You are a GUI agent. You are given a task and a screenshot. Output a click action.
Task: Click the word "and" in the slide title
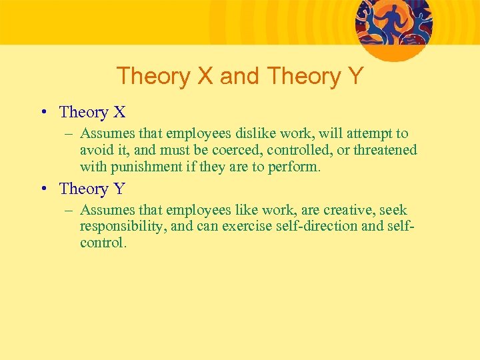[x=239, y=76]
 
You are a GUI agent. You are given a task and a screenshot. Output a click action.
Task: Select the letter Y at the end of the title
[x=355, y=76]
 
